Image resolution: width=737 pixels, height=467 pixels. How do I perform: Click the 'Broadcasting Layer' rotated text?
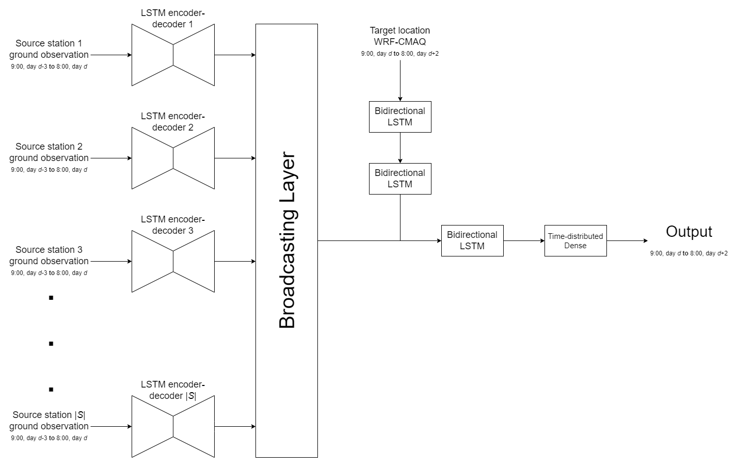tap(287, 240)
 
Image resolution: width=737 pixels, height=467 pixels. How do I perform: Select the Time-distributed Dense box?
tap(575, 240)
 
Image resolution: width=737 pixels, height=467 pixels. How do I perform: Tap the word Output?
tap(688, 232)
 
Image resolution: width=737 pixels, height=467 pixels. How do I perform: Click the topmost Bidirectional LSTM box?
tap(400, 117)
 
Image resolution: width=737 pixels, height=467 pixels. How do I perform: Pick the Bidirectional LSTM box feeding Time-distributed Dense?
tap(472, 240)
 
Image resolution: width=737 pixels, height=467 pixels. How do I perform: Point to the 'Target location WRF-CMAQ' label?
tap(400, 36)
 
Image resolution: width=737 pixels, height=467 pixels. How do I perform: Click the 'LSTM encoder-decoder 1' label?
tap(173, 19)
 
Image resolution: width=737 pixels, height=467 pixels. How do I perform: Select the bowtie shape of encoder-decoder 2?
tap(173, 158)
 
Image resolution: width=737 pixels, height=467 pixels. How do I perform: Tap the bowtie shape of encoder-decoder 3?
tap(173, 261)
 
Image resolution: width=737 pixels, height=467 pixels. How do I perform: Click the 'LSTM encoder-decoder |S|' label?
tap(173, 390)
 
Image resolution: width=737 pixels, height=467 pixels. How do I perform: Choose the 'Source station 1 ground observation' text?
tap(49, 49)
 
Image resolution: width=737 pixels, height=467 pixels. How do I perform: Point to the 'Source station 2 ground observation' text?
tap(49, 152)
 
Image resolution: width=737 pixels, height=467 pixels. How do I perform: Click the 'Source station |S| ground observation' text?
tap(49, 421)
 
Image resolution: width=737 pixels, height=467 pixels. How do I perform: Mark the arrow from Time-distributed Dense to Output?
tap(627, 240)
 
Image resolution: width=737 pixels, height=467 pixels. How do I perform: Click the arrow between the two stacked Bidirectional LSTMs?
tap(400, 148)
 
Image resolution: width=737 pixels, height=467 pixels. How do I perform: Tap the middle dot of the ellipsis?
tap(51, 344)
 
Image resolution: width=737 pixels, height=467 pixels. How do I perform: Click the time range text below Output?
tap(688, 253)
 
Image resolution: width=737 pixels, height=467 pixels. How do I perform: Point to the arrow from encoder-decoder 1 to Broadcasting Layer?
tap(235, 55)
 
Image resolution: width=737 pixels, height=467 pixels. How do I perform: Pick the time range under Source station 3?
tap(49, 273)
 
